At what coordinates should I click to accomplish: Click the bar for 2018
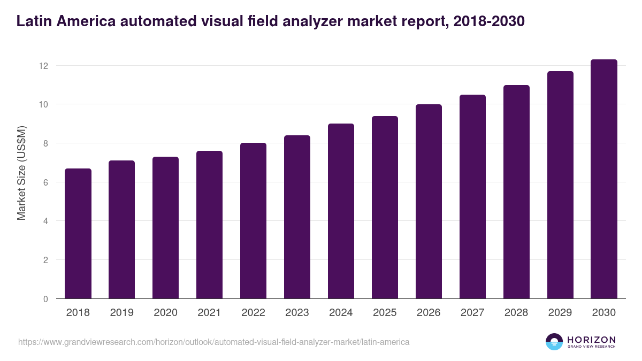[78, 234]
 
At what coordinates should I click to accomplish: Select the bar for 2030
[604, 179]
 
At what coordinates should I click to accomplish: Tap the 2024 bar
[341, 211]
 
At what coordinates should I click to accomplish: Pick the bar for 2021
[209, 225]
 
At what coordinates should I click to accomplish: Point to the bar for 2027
[472, 197]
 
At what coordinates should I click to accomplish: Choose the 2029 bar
[560, 185]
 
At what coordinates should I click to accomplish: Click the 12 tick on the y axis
[43, 66]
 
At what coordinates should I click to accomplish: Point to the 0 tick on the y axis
[45, 299]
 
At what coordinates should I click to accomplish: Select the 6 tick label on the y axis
[45, 182]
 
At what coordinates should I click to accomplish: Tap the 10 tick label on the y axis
[43, 104]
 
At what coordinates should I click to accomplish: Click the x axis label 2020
[165, 313]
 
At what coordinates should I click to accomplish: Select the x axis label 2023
[297, 313]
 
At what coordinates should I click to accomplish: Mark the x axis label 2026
[429, 313]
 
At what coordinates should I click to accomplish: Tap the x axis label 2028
[516, 313]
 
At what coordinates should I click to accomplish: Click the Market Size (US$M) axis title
[22, 173]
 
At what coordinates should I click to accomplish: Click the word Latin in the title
[33, 21]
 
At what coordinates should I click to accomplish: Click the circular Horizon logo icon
[554, 342]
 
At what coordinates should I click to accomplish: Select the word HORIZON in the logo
[591, 339]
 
